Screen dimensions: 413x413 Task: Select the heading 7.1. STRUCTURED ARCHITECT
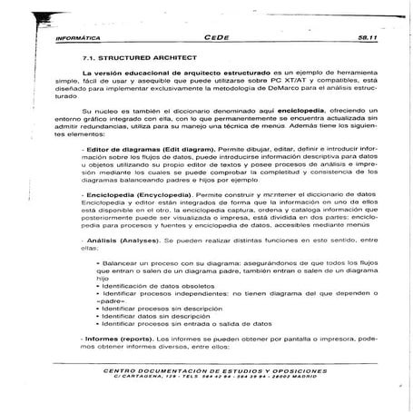[x=124, y=56]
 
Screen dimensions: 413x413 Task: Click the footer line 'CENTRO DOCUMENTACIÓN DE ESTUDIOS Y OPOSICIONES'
[x=209, y=371]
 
